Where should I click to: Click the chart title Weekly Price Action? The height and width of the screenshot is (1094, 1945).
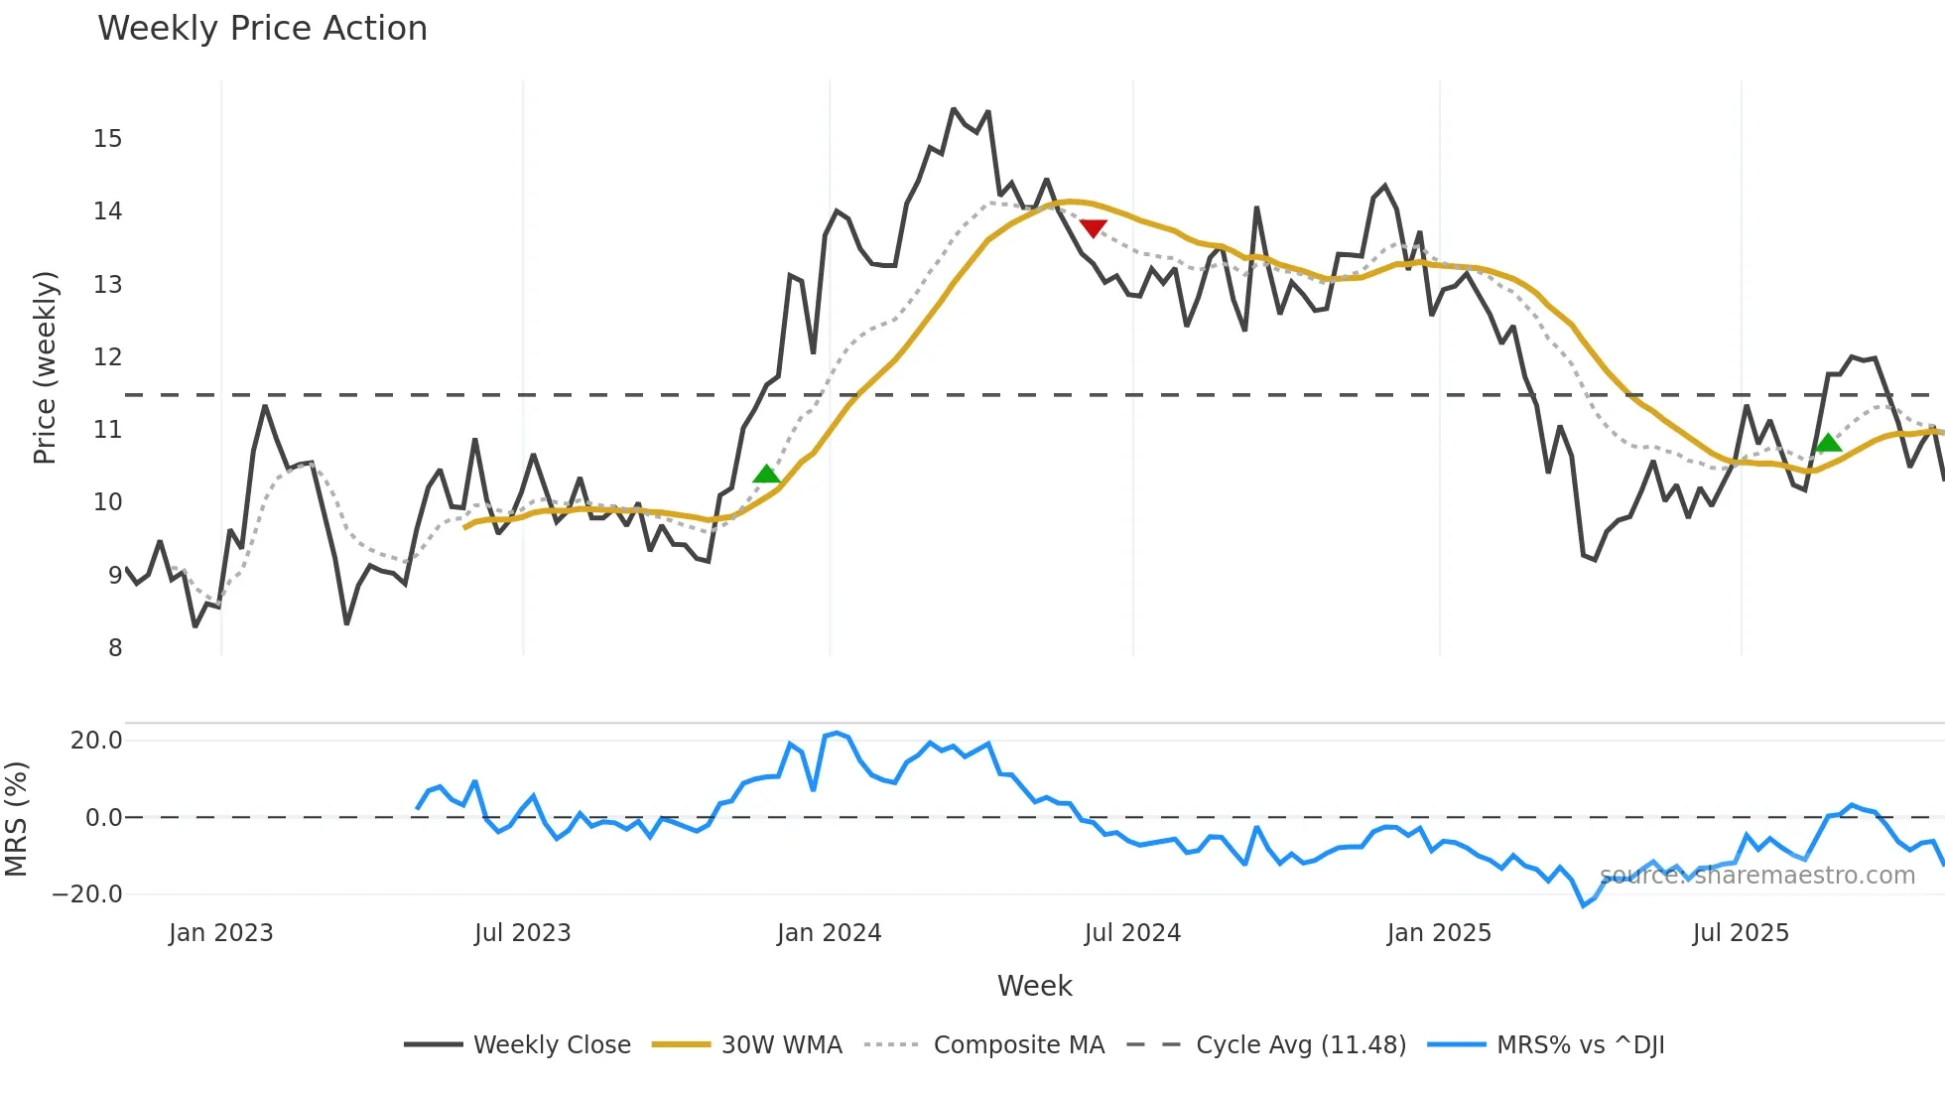click(262, 29)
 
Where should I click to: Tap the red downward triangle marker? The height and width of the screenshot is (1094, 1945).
click(1093, 228)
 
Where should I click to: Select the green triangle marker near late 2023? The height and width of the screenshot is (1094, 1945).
click(766, 475)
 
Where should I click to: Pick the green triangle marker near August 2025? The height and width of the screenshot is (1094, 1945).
click(1828, 443)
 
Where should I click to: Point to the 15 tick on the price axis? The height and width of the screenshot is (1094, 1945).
click(108, 139)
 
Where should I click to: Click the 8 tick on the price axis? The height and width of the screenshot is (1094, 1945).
click(115, 648)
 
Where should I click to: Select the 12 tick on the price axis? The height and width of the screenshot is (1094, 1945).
click(108, 357)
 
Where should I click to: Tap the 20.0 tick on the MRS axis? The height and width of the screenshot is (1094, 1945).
click(96, 741)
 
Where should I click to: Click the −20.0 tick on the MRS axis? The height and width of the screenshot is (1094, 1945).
click(87, 894)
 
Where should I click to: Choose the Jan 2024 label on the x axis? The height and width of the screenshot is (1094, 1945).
click(829, 933)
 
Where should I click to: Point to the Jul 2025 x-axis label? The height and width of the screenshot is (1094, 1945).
click(1741, 933)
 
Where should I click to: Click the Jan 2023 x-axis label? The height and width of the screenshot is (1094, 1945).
click(220, 933)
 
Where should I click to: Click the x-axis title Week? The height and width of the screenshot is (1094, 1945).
click(1034, 986)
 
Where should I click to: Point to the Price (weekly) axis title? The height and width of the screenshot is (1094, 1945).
click(45, 367)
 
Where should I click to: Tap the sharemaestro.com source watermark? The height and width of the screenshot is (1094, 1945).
click(1757, 876)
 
